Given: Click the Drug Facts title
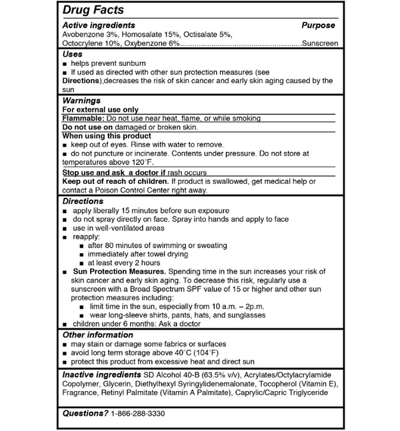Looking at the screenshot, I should click(93, 11).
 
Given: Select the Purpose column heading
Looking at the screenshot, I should click(318, 25).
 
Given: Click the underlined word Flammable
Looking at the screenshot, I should click(83, 119).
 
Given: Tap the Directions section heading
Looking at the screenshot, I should click(83, 201).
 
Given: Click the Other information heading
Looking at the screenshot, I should click(97, 334).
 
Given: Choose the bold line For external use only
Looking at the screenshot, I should click(100, 109).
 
